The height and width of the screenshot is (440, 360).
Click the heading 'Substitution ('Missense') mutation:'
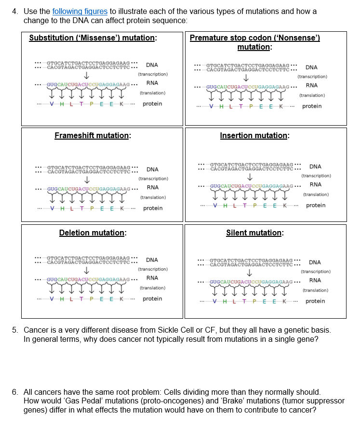93,38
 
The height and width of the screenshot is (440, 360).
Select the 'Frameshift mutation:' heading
93,136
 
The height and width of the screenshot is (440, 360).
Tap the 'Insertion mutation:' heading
254,136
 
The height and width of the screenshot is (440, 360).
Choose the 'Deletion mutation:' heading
93,233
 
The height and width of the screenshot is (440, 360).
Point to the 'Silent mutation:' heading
254,233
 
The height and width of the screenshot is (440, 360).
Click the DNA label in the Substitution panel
152,65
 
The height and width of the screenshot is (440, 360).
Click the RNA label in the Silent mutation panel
315,280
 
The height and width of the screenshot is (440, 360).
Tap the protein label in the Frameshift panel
153,208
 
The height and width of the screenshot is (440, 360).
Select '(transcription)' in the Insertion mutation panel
314,176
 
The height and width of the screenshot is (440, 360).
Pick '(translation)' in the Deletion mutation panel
153,288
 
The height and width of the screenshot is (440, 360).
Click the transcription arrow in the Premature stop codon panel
246,78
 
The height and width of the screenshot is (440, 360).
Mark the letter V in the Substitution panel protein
51,104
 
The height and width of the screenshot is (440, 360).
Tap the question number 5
15,330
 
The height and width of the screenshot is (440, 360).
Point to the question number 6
15,392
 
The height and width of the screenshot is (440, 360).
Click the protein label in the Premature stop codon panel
312,106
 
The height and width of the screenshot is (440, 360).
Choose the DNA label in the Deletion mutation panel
152,260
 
